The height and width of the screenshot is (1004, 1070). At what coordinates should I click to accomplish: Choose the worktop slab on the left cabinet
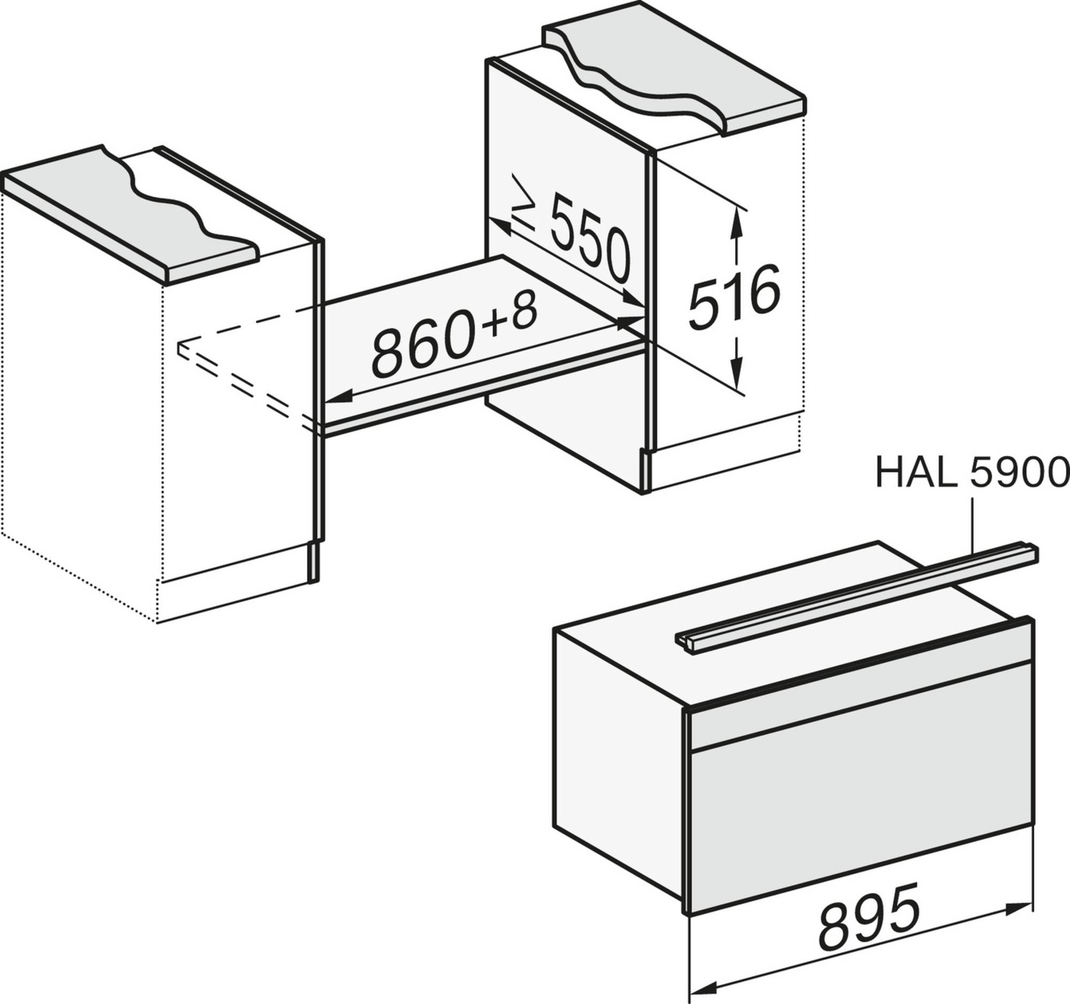[x=129, y=215]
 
